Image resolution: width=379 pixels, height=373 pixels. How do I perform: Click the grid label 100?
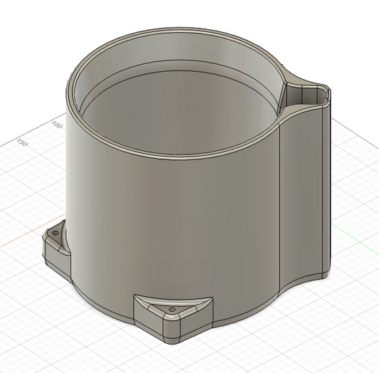tap(57, 126)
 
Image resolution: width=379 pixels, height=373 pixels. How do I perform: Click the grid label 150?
tap(22, 143)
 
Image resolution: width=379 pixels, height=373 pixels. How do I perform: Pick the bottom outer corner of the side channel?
tap(326, 275)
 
